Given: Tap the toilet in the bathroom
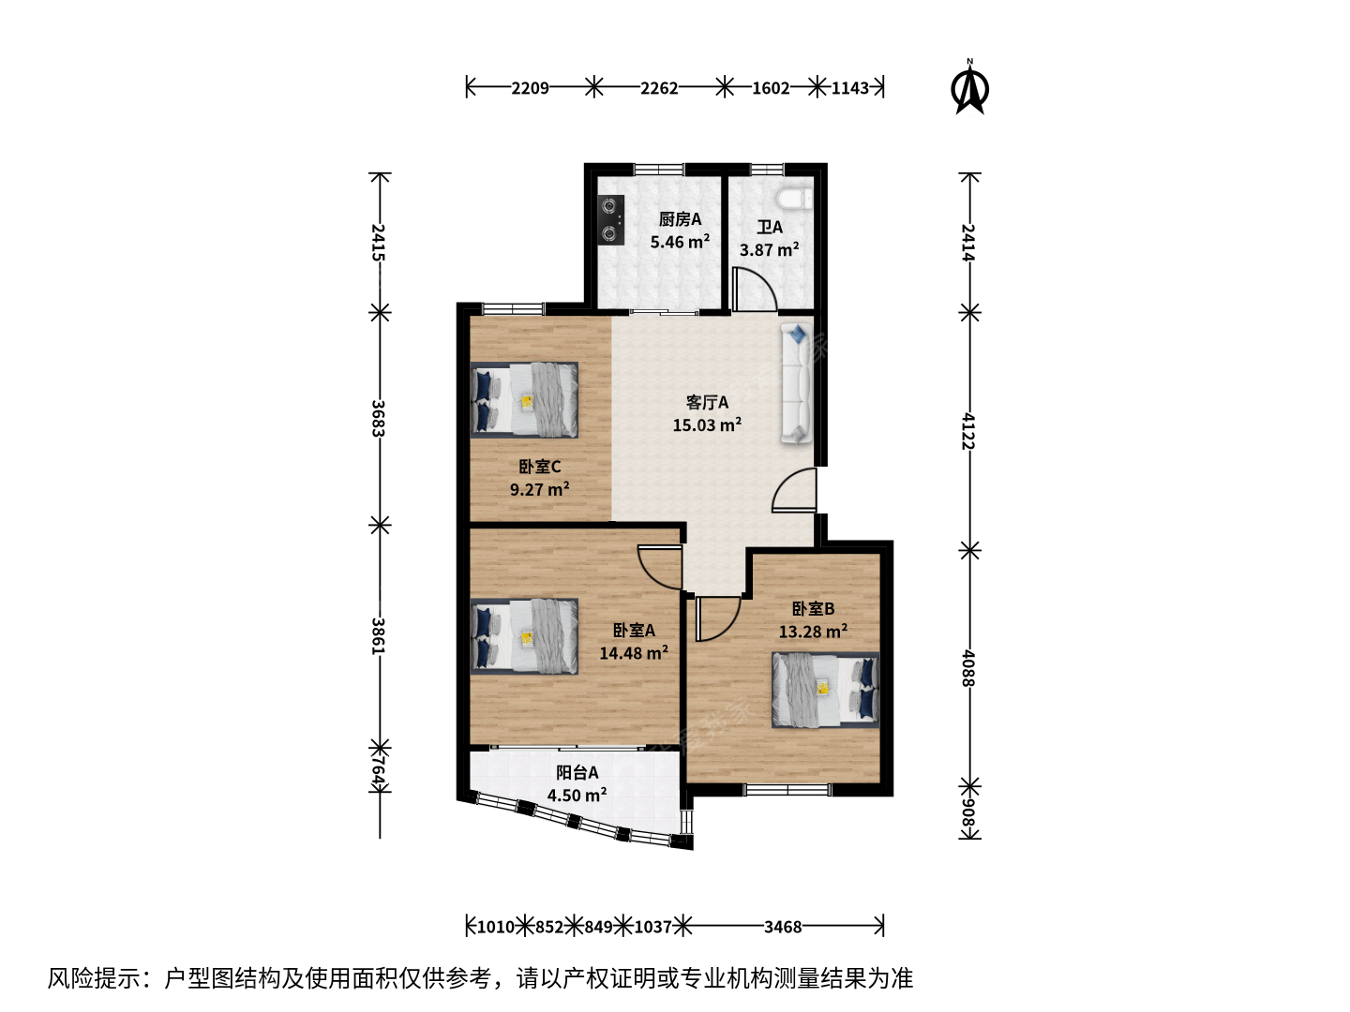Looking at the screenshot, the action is (x=795, y=199).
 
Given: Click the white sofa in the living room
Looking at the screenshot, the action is (x=797, y=383).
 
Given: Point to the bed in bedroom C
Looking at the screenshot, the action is (x=524, y=399).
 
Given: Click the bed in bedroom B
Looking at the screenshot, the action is (x=825, y=690).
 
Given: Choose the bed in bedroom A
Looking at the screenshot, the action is (x=524, y=636).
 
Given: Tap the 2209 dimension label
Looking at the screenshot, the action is (x=530, y=88).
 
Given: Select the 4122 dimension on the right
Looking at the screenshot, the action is (x=968, y=431).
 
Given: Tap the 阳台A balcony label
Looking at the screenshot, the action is (x=577, y=772).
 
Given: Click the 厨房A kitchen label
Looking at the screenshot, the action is (x=680, y=218).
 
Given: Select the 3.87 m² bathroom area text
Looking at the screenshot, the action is (x=769, y=250).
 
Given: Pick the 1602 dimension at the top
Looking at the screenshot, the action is (x=771, y=88).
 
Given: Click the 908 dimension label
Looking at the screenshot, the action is (x=968, y=812).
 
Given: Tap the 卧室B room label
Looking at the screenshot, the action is (x=813, y=608).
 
